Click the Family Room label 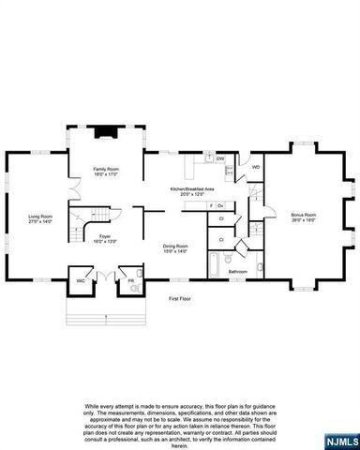(x=105, y=172)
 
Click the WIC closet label (x=81, y=280)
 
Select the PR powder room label (x=131, y=280)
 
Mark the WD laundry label (x=256, y=168)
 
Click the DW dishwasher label (x=219, y=159)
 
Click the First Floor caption (x=180, y=299)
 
